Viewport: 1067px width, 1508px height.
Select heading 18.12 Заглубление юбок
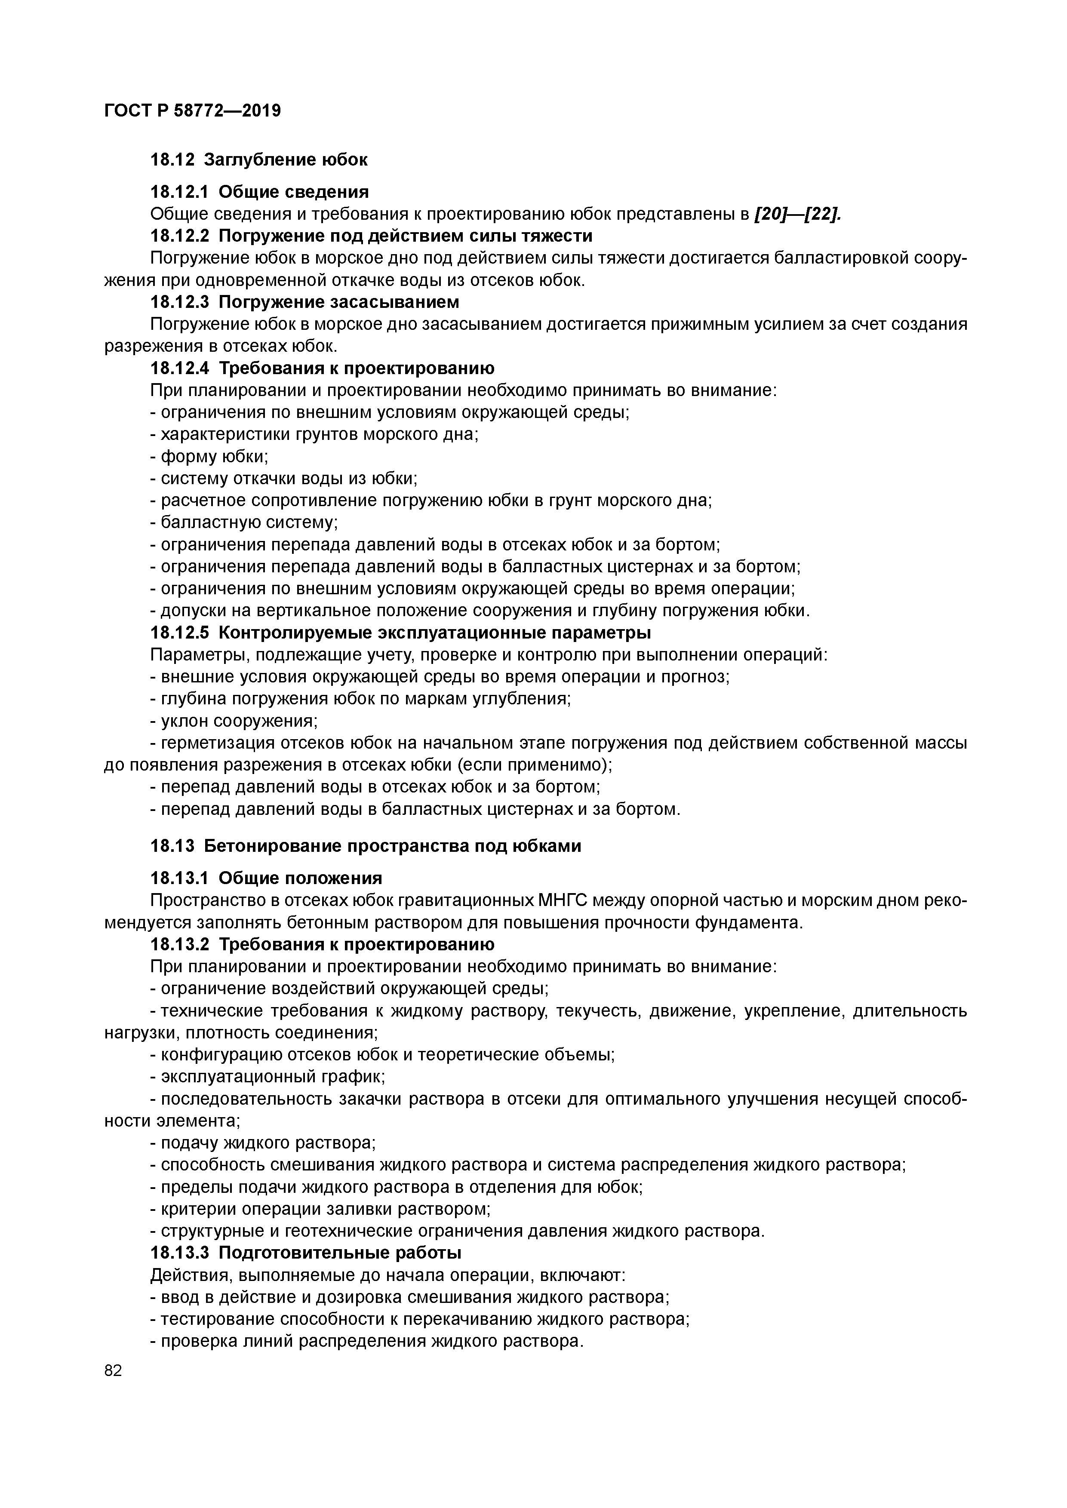point(259,160)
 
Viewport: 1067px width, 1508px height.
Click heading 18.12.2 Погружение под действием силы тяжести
point(371,236)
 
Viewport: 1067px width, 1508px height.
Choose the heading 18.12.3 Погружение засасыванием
point(305,302)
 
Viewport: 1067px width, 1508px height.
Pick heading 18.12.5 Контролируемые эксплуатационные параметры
point(401,633)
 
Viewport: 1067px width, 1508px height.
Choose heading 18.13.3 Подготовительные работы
point(305,1253)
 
